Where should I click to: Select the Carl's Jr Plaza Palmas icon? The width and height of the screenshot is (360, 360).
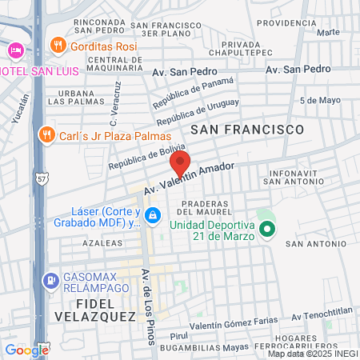pos(46,134)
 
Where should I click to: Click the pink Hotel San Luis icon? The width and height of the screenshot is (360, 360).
pos(14,50)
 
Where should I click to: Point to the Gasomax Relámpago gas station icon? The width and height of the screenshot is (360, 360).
pos(49,281)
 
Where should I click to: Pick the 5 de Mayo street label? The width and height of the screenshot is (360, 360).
pos(318,101)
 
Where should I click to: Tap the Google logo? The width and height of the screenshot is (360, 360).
pos(26,350)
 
